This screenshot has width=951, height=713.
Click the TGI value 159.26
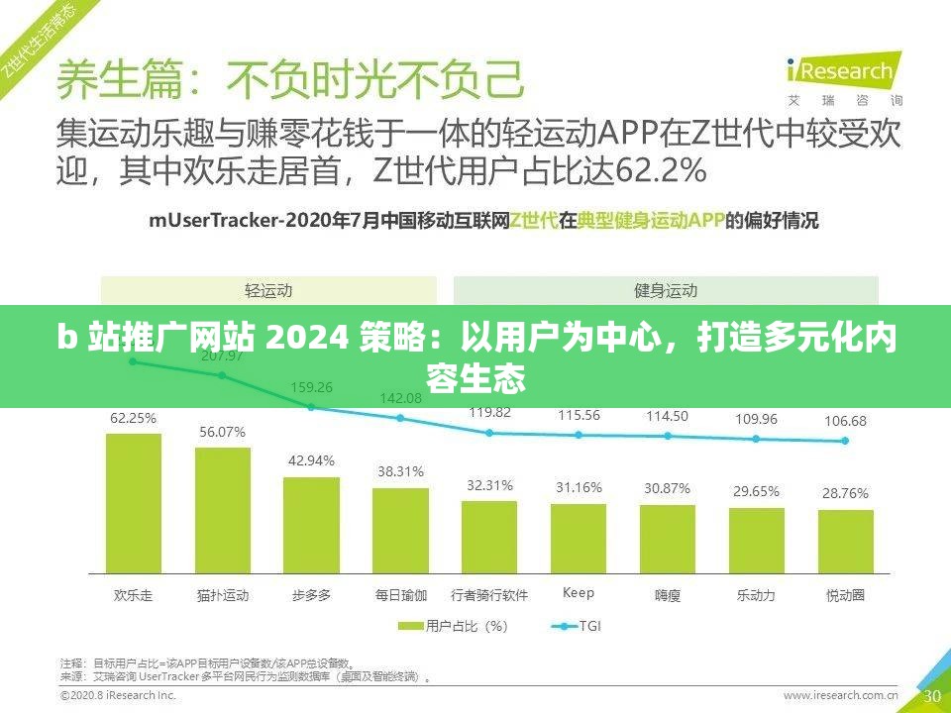[x=311, y=387]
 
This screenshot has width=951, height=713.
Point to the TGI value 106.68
[x=845, y=421]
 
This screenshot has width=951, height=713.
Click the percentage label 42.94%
[x=311, y=460]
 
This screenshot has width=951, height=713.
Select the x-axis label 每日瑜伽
[x=400, y=596]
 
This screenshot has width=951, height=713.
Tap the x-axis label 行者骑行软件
[x=489, y=596]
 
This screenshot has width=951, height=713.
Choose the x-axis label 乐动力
[x=756, y=596]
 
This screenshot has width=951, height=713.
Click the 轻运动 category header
[x=268, y=291]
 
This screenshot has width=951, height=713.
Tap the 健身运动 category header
[x=666, y=291]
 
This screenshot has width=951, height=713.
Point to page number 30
[x=932, y=696]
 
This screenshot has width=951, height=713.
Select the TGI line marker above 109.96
[x=756, y=439]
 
